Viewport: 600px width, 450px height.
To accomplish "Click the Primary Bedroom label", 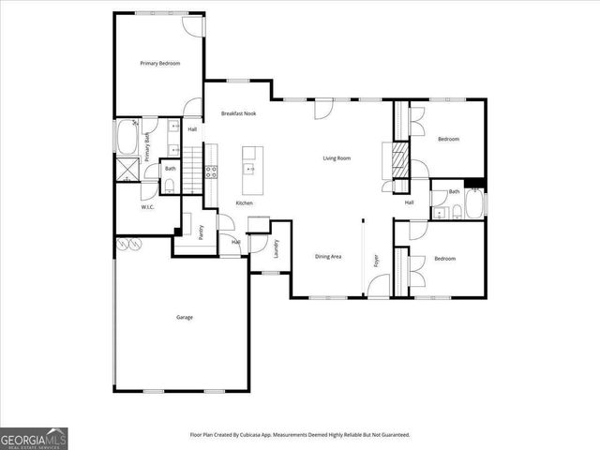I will (159, 64).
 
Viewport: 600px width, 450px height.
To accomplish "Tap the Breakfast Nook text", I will (238, 113).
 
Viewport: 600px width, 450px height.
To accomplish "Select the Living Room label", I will (337, 158).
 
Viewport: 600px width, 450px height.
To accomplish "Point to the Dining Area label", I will (327, 257).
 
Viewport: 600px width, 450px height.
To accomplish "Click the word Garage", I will (185, 317).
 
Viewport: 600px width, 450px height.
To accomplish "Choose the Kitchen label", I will (244, 203).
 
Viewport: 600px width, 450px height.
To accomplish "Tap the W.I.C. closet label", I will (147, 207).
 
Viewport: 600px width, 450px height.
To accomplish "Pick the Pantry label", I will (202, 232).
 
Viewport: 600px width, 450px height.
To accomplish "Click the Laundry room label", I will (277, 249).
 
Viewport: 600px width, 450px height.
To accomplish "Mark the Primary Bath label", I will (148, 148).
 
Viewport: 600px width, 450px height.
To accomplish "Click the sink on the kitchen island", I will (250, 169).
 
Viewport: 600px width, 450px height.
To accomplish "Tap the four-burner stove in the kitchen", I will (211, 172).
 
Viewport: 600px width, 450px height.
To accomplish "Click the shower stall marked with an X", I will (125, 169).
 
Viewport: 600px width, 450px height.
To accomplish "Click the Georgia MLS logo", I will (34, 439).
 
